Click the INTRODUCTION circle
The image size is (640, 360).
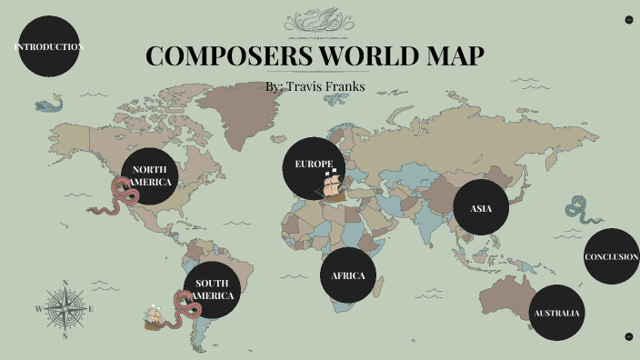pos(48,46)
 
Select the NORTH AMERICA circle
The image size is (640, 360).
pos(151,176)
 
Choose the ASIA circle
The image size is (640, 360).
pos(481,208)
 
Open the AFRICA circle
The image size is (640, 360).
pos(347,275)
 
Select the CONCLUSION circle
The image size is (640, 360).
pos(611,256)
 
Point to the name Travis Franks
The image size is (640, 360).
pos(326,86)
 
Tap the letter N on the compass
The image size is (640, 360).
pos(65,282)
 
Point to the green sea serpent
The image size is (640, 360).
pos(578,212)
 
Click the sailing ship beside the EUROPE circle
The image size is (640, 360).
pos(332,185)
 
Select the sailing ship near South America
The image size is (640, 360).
pos(155,317)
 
